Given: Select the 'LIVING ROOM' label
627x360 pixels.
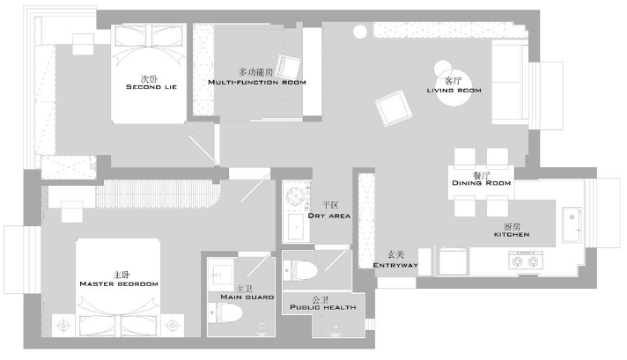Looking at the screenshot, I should (453, 90).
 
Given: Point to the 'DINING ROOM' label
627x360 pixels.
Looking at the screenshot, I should (481, 182).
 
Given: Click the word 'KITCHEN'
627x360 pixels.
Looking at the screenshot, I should (511, 234).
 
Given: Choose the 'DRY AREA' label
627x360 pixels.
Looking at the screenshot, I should (329, 215).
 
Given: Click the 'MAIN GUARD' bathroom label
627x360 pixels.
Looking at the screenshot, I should (242, 297).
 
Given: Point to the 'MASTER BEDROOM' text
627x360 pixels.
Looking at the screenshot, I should (119, 283).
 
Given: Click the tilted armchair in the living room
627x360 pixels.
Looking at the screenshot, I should (392, 111).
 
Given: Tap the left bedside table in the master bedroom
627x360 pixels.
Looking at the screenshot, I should (63, 325).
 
